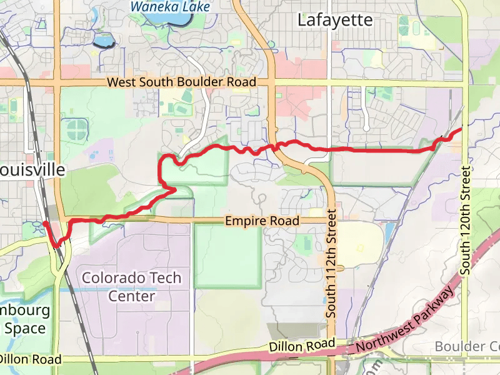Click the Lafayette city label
tap(335, 20)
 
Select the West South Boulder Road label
tap(181, 82)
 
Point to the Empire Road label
tap(262, 221)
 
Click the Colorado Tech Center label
tap(132, 286)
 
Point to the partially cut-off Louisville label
tap(32, 170)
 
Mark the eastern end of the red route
tap(461, 129)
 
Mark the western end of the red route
tap(45, 223)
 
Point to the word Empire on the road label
tap(244, 221)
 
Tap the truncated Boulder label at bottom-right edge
tap(467, 346)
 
